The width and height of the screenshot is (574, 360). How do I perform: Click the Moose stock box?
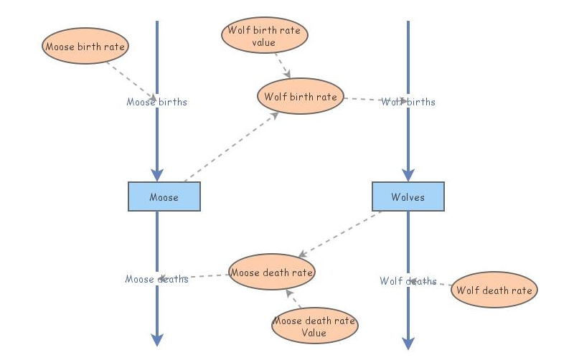tap(164, 196)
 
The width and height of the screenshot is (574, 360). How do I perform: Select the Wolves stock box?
tap(408, 196)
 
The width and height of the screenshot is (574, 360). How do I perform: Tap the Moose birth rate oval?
tap(85, 47)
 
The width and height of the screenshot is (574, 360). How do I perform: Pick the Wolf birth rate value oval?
tap(264, 36)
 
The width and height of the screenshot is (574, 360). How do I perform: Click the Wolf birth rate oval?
tap(301, 97)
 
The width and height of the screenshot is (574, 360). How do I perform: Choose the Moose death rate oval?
tap(271, 273)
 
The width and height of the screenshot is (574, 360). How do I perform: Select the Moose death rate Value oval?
tap(314, 326)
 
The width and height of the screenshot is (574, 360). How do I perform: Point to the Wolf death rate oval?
tap(494, 290)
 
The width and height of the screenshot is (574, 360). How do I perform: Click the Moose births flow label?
tap(156, 102)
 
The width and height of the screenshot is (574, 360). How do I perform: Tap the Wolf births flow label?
tap(408, 102)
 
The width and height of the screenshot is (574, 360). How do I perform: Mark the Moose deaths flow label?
tap(156, 278)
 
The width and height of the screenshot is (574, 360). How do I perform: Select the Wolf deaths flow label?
tap(408, 281)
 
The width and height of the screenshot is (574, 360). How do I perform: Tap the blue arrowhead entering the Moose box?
tap(157, 175)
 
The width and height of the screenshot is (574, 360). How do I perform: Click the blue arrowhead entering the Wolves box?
tap(408, 175)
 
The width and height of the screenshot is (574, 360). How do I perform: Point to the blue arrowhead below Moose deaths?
tap(157, 340)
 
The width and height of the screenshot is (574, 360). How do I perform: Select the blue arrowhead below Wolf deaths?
tap(408, 343)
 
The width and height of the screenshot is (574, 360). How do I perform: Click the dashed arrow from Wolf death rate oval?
tap(432, 284)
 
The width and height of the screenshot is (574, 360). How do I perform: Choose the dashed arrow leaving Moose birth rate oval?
tap(131, 80)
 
